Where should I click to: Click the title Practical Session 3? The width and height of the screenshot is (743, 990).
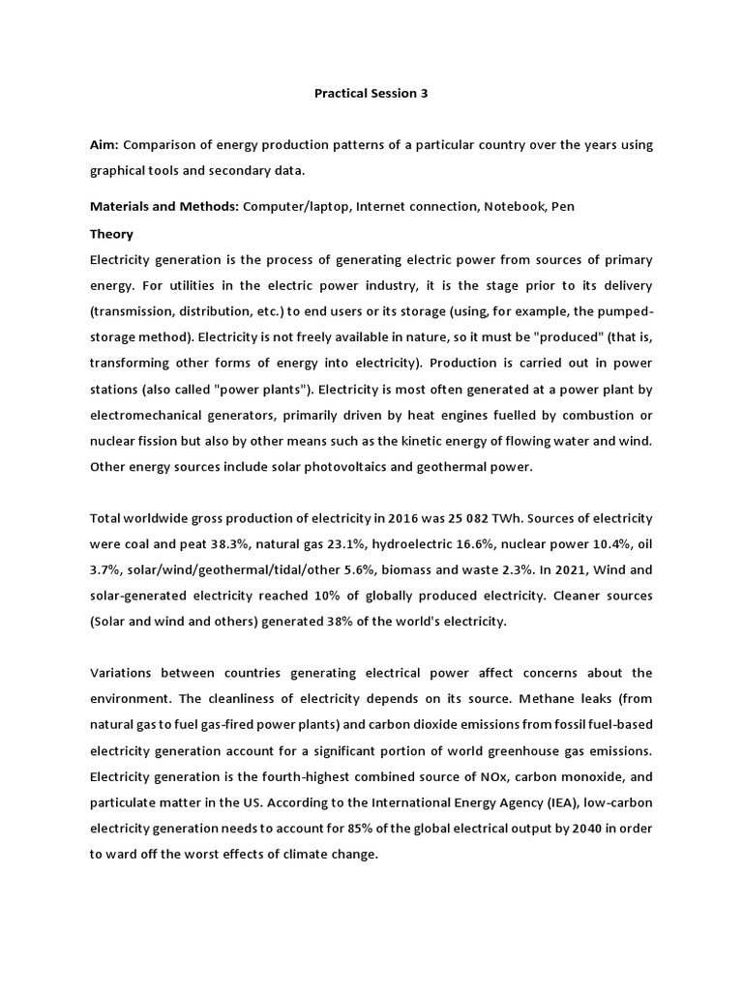coord(371,94)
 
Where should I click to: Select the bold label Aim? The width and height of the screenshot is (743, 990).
coord(104,145)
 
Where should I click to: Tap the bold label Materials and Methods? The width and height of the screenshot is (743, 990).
coord(164,207)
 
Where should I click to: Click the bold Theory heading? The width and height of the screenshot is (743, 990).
coord(111,234)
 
